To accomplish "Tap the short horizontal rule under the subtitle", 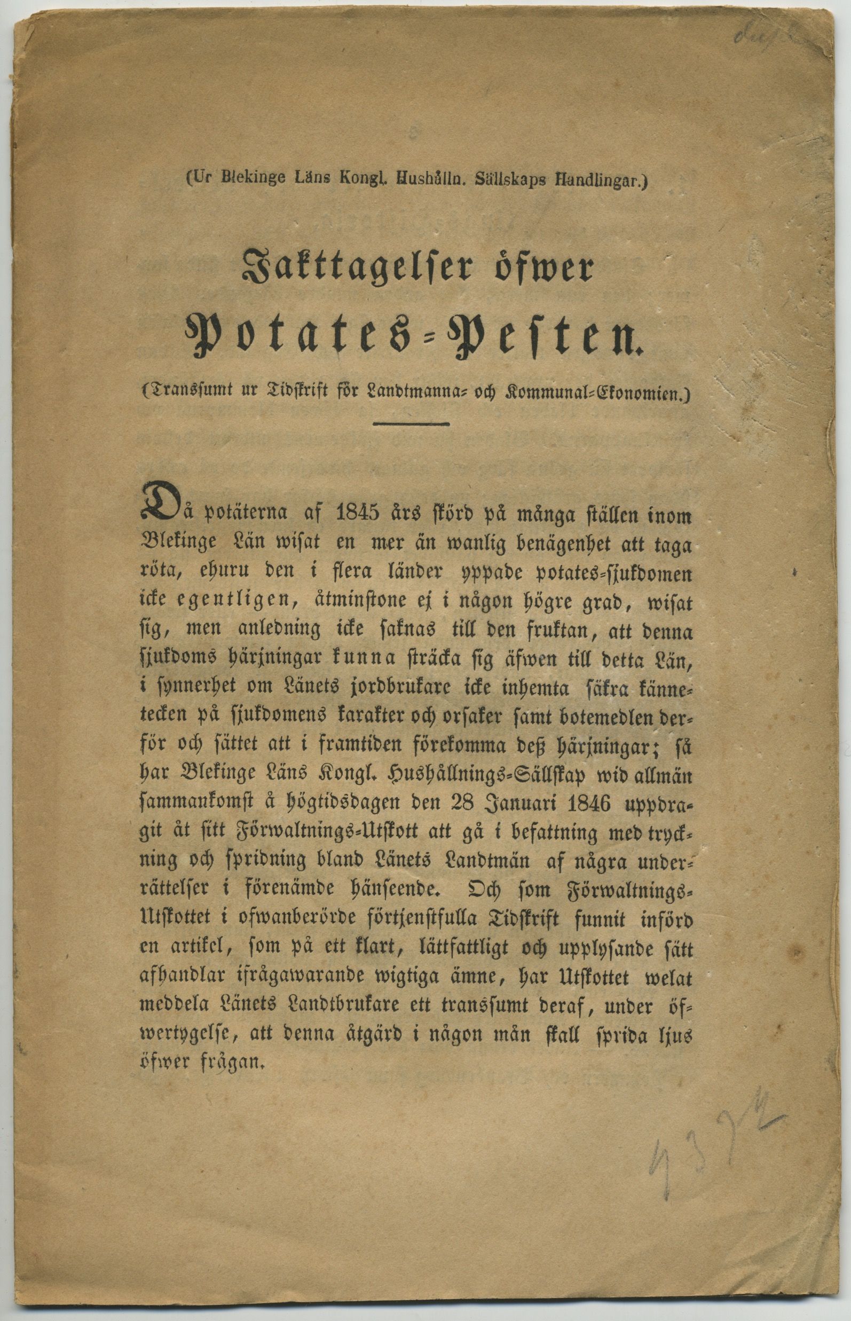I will pyautogui.click(x=411, y=424).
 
